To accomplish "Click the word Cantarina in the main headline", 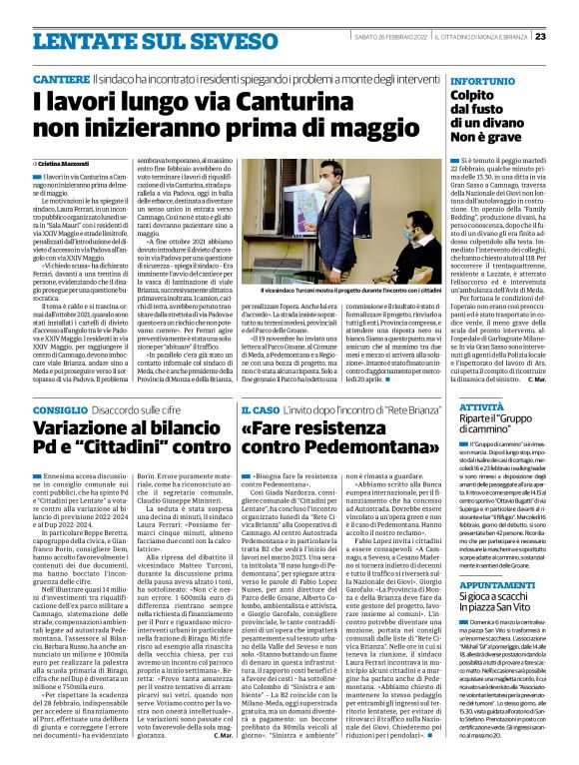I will [254, 100].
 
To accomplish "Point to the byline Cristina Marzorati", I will [67, 162].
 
